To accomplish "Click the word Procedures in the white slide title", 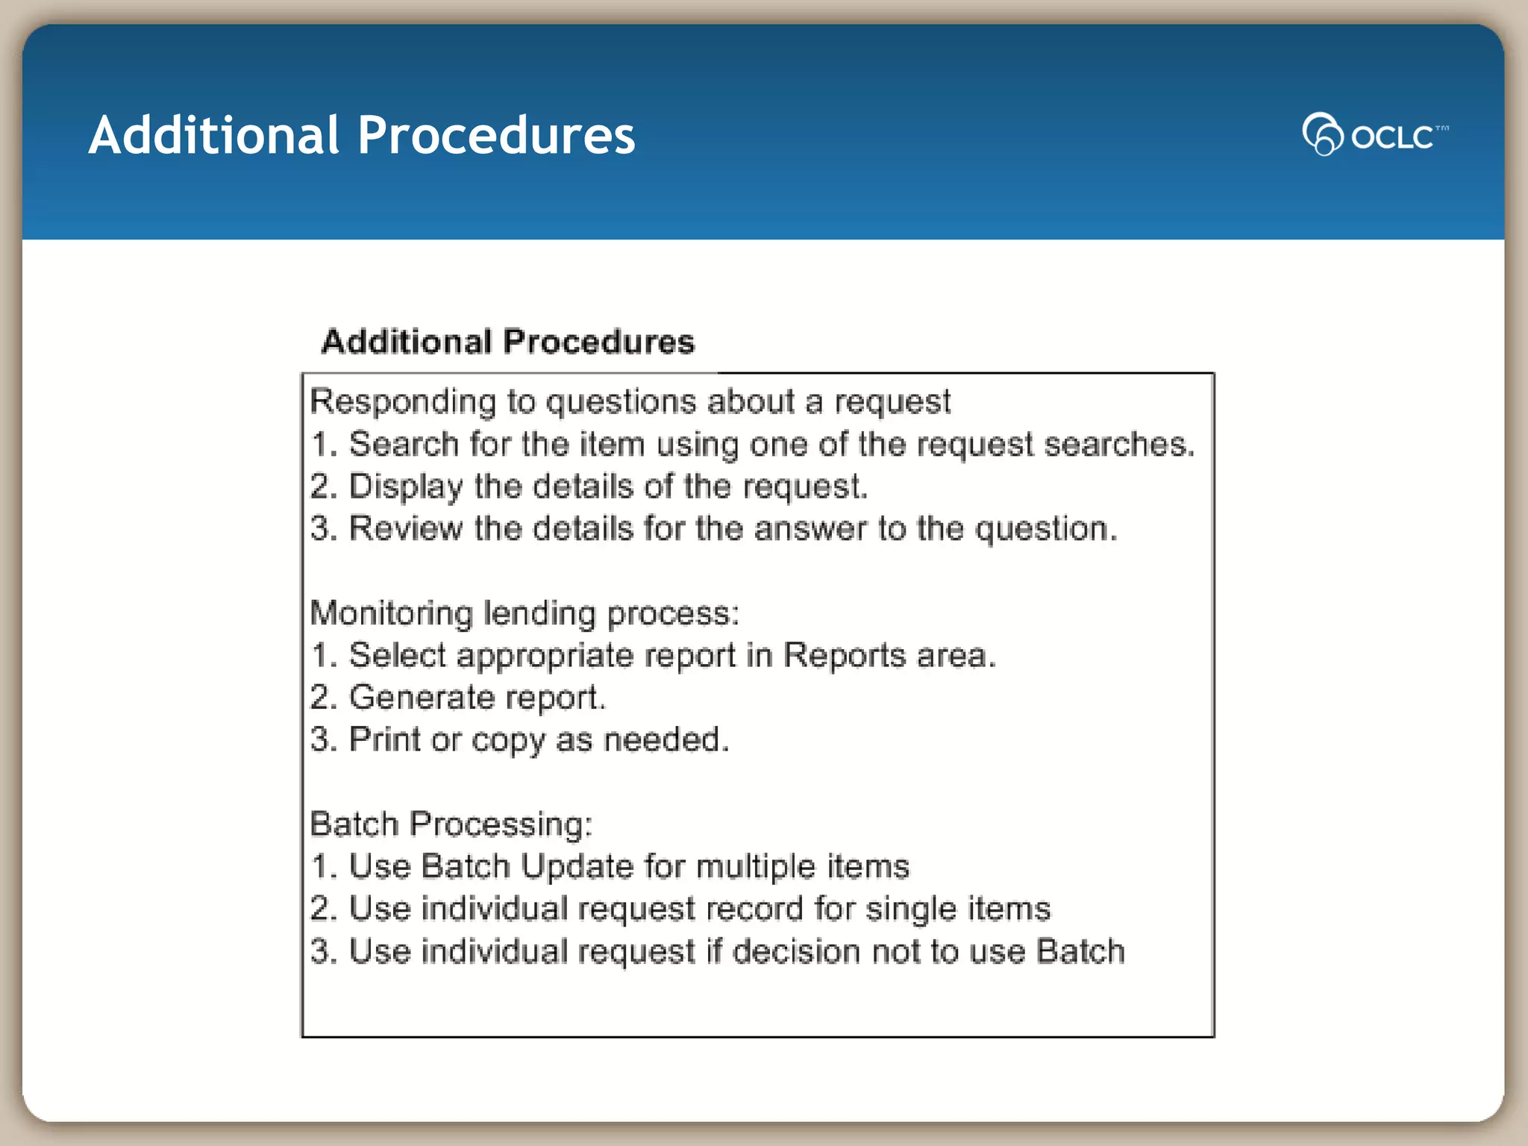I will (496, 136).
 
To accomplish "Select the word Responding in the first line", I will (403, 402).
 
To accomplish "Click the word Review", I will (405, 529).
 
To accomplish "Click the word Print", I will (384, 739).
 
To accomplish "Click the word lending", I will (539, 614).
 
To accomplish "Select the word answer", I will (810, 529).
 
